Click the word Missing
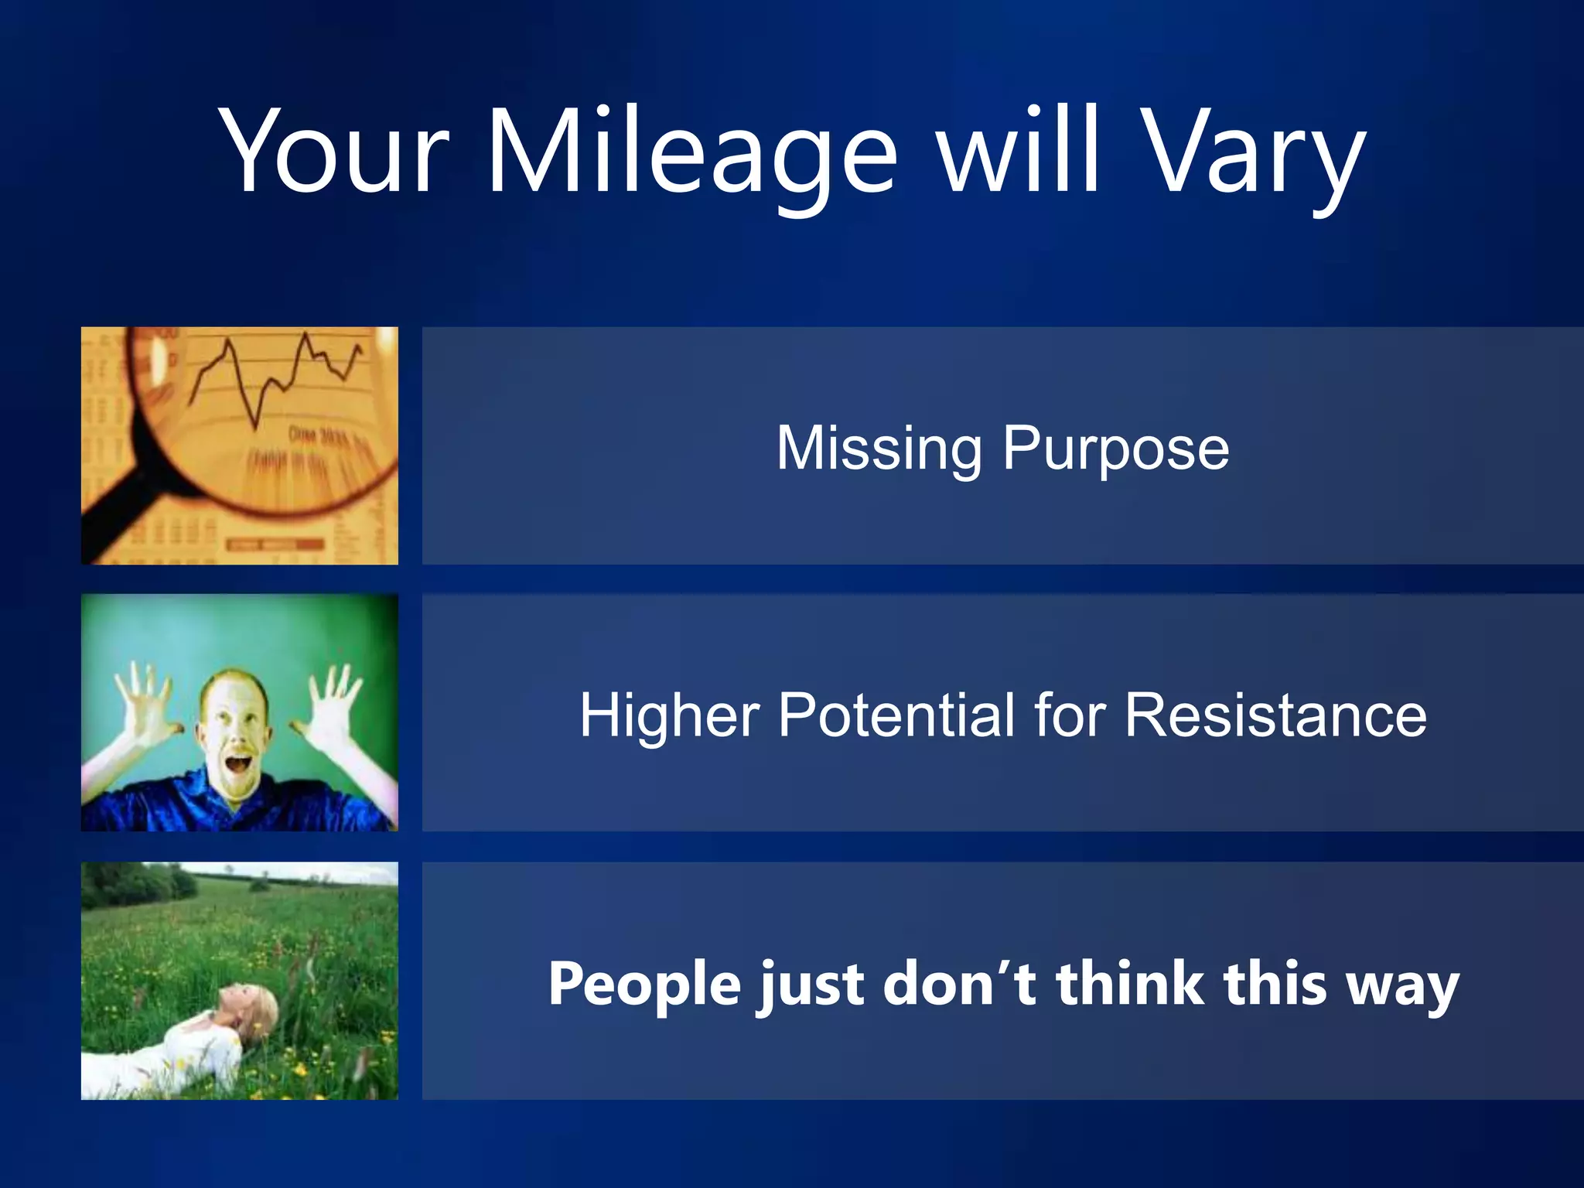(879, 449)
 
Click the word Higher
(670, 716)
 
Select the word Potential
(897, 715)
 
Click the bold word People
(644, 984)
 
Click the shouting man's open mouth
(238, 765)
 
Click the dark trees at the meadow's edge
(131, 886)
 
